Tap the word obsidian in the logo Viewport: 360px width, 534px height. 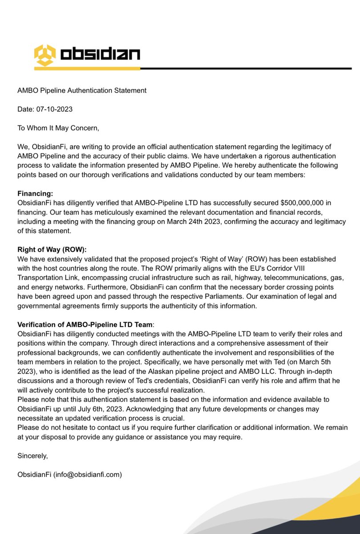(100, 54)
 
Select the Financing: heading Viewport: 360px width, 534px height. (35, 194)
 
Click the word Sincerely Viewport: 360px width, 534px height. (32, 456)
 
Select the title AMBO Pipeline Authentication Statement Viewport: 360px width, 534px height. (82, 90)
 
